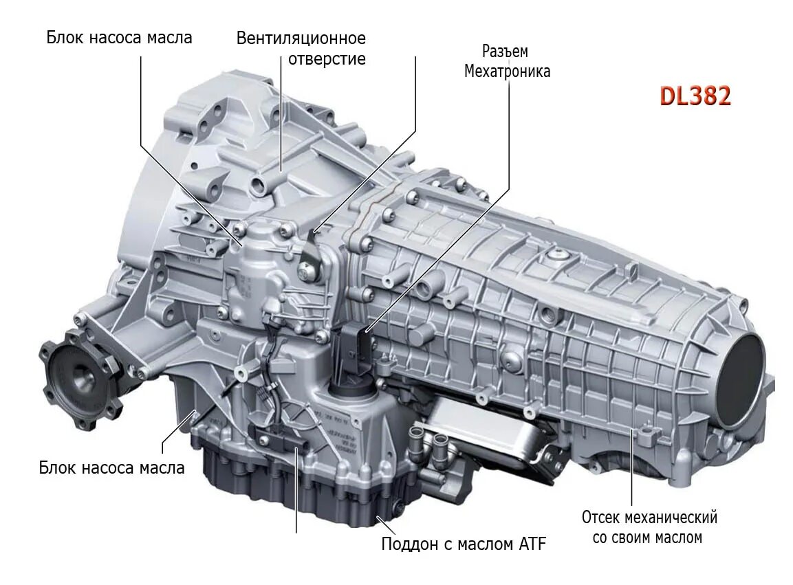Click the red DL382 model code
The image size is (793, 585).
coord(695,96)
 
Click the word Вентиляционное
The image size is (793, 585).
coord(301,38)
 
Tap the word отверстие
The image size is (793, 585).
coord(327,58)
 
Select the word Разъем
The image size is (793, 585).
coord(505,52)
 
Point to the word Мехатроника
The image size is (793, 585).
coord(507,71)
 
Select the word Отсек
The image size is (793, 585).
coord(604,517)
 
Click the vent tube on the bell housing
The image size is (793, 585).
coord(265,181)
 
